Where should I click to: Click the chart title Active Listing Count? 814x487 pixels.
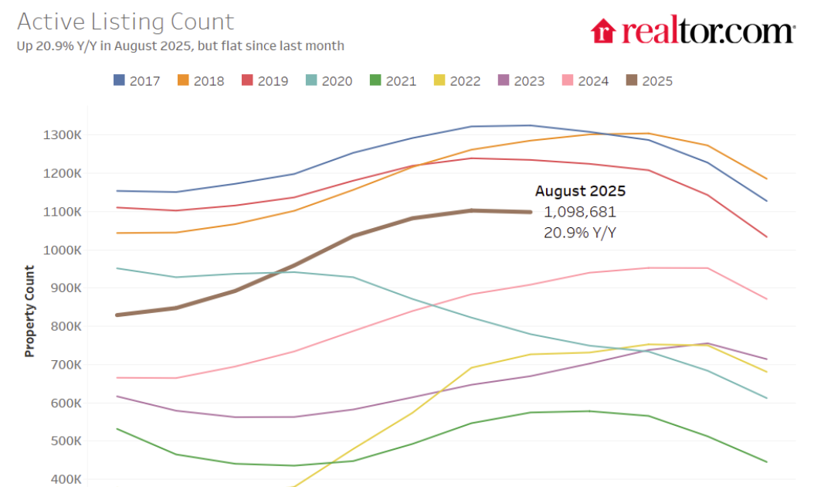(x=125, y=22)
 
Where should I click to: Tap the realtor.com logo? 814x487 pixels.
(x=693, y=32)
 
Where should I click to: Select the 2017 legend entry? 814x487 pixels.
(x=137, y=80)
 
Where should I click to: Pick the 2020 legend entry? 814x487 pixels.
(x=330, y=80)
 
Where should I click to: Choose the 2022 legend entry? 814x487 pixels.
(x=458, y=80)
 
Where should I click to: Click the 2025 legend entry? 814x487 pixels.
(x=650, y=80)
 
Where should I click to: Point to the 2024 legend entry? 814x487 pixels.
(x=586, y=80)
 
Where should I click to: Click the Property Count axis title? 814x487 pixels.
(x=29, y=311)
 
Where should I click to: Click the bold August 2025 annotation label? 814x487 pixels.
(x=580, y=191)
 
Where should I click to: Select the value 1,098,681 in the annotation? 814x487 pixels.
(x=580, y=211)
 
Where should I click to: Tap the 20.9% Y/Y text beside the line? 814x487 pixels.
(x=580, y=231)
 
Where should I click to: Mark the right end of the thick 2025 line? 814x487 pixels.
(x=530, y=212)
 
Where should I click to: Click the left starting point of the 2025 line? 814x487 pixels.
(x=116, y=315)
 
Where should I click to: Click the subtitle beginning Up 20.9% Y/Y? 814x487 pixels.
(x=180, y=46)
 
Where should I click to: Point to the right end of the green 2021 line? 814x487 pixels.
(x=767, y=462)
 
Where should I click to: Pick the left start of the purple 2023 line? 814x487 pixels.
(x=116, y=397)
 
